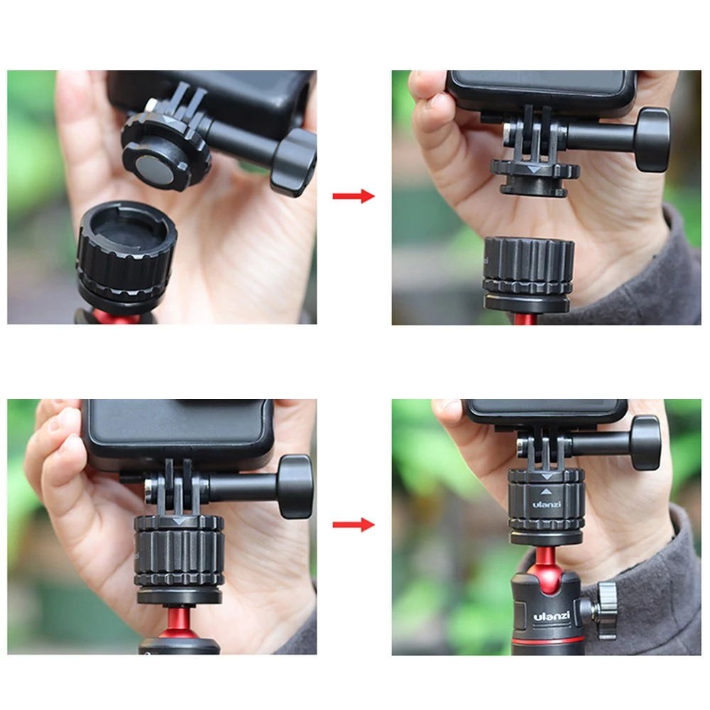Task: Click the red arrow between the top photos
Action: coord(354,196)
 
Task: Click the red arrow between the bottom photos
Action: coord(354,525)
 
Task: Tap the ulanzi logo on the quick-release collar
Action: coord(547,504)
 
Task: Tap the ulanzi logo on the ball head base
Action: coord(551,616)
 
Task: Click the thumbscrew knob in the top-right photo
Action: coord(652,139)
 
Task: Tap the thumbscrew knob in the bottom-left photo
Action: coord(295,486)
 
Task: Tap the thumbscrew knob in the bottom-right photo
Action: coord(646,442)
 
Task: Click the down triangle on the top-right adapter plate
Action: coord(535,170)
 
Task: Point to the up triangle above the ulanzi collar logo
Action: coord(547,492)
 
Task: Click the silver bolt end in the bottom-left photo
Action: coord(148,489)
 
